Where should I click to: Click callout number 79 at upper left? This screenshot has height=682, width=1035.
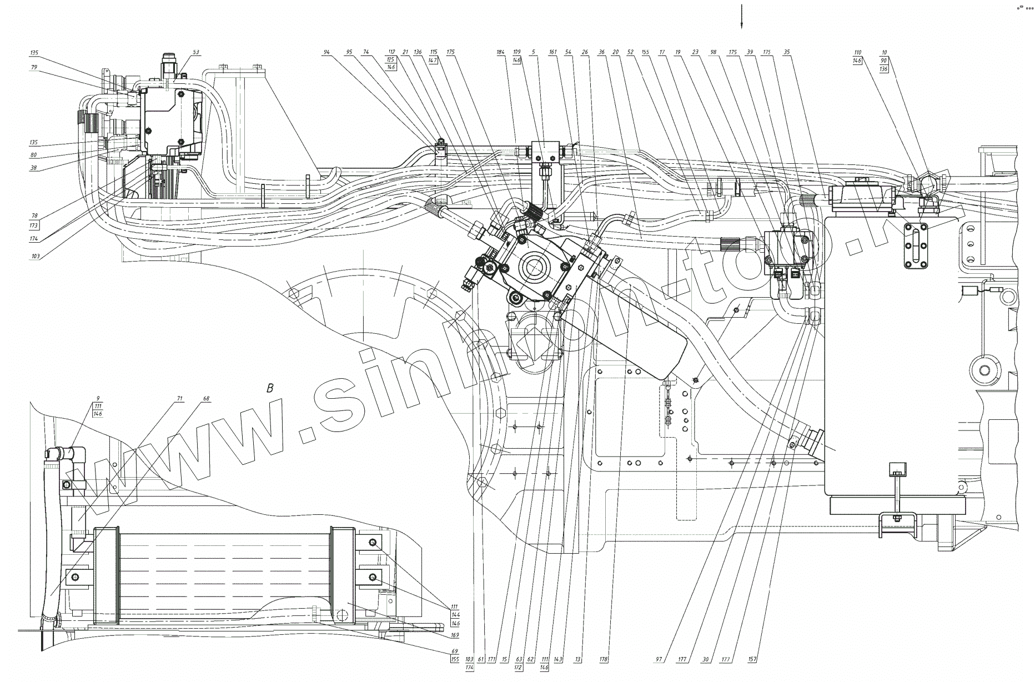[34, 67]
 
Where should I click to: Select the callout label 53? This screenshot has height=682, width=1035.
[195, 52]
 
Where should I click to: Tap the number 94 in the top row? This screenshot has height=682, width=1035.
[326, 52]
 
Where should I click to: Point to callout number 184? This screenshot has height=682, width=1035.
[500, 52]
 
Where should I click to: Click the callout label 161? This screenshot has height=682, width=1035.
[552, 52]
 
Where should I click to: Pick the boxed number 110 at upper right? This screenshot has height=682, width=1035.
[857, 52]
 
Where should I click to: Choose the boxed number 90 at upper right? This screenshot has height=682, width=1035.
[884, 61]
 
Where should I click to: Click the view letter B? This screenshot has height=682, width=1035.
[270, 388]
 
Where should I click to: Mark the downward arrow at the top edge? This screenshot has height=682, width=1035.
[741, 17]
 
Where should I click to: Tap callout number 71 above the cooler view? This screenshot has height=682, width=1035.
[179, 398]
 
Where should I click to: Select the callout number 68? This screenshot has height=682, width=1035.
[206, 398]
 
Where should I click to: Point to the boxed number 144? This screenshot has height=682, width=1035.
[455, 615]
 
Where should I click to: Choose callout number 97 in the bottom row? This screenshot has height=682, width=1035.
[659, 660]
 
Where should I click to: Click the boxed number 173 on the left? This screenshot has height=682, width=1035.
[34, 225]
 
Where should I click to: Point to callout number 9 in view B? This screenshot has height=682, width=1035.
[98, 398]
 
